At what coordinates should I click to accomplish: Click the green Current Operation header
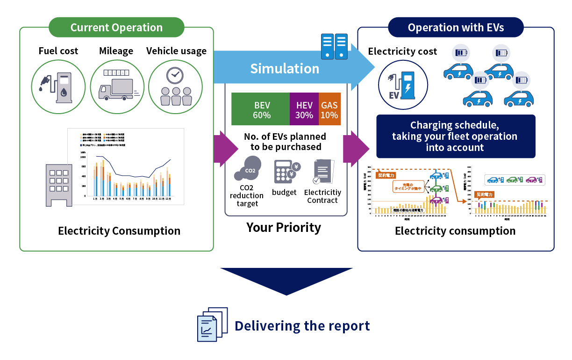(x=116, y=27)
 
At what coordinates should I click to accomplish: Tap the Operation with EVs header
(x=456, y=27)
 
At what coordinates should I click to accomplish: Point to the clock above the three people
(x=175, y=75)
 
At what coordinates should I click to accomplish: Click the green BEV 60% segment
(x=261, y=109)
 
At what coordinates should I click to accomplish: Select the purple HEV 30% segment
(x=304, y=109)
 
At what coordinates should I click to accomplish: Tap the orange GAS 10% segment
(x=329, y=109)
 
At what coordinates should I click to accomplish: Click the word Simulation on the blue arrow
(x=285, y=69)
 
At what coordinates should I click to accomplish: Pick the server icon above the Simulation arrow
(x=335, y=46)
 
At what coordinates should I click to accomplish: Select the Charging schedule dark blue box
(x=456, y=137)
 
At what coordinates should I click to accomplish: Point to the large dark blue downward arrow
(x=286, y=280)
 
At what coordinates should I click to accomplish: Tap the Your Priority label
(x=284, y=227)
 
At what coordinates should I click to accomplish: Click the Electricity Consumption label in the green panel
(x=119, y=230)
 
